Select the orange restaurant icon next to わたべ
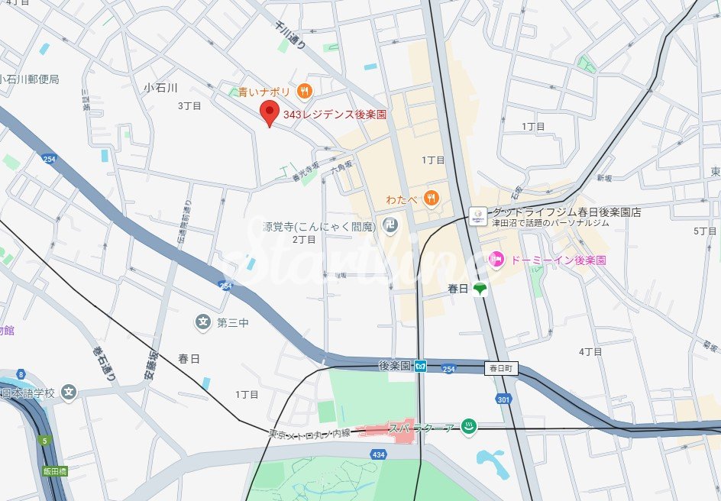(x=432, y=199)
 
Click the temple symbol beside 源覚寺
(x=390, y=226)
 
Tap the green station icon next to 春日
(x=480, y=289)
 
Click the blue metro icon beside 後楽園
(x=420, y=367)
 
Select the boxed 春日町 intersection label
(x=502, y=368)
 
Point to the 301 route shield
(x=503, y=399)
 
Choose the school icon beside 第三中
(x=202, y=322)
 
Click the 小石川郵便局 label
(x=29, y=79)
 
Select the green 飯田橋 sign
(x=55, y=471)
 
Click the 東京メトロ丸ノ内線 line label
(x=309, y=433)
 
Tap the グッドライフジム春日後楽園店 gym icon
(x=477, y=215)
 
